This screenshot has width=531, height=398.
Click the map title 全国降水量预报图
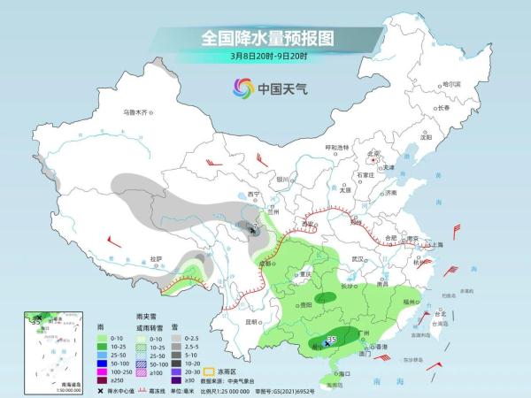point(265,39)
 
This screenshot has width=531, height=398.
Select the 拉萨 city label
point(157,258)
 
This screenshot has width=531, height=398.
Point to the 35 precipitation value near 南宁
point(332,339)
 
